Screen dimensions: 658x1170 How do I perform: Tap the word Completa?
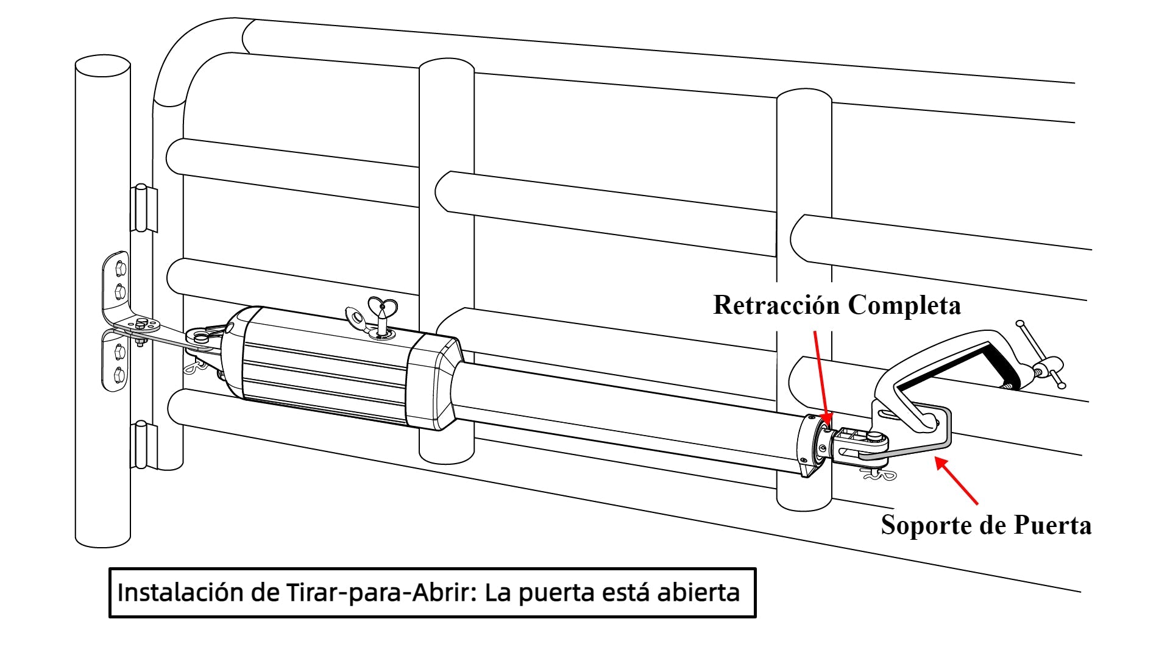(x=904, y=305)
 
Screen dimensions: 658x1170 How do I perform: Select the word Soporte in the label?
(x=926, y=525)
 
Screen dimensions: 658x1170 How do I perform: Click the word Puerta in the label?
(x=1052, y=525)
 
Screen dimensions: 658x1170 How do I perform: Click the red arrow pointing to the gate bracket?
(x=957, y=481)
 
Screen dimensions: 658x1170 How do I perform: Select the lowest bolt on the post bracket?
(x=119, y=373)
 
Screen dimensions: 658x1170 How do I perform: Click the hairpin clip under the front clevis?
(x=881, y=474)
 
